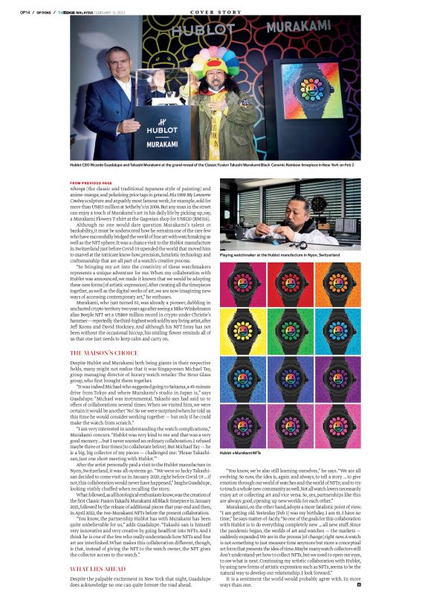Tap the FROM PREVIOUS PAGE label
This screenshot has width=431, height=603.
(x=91, y=181)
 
